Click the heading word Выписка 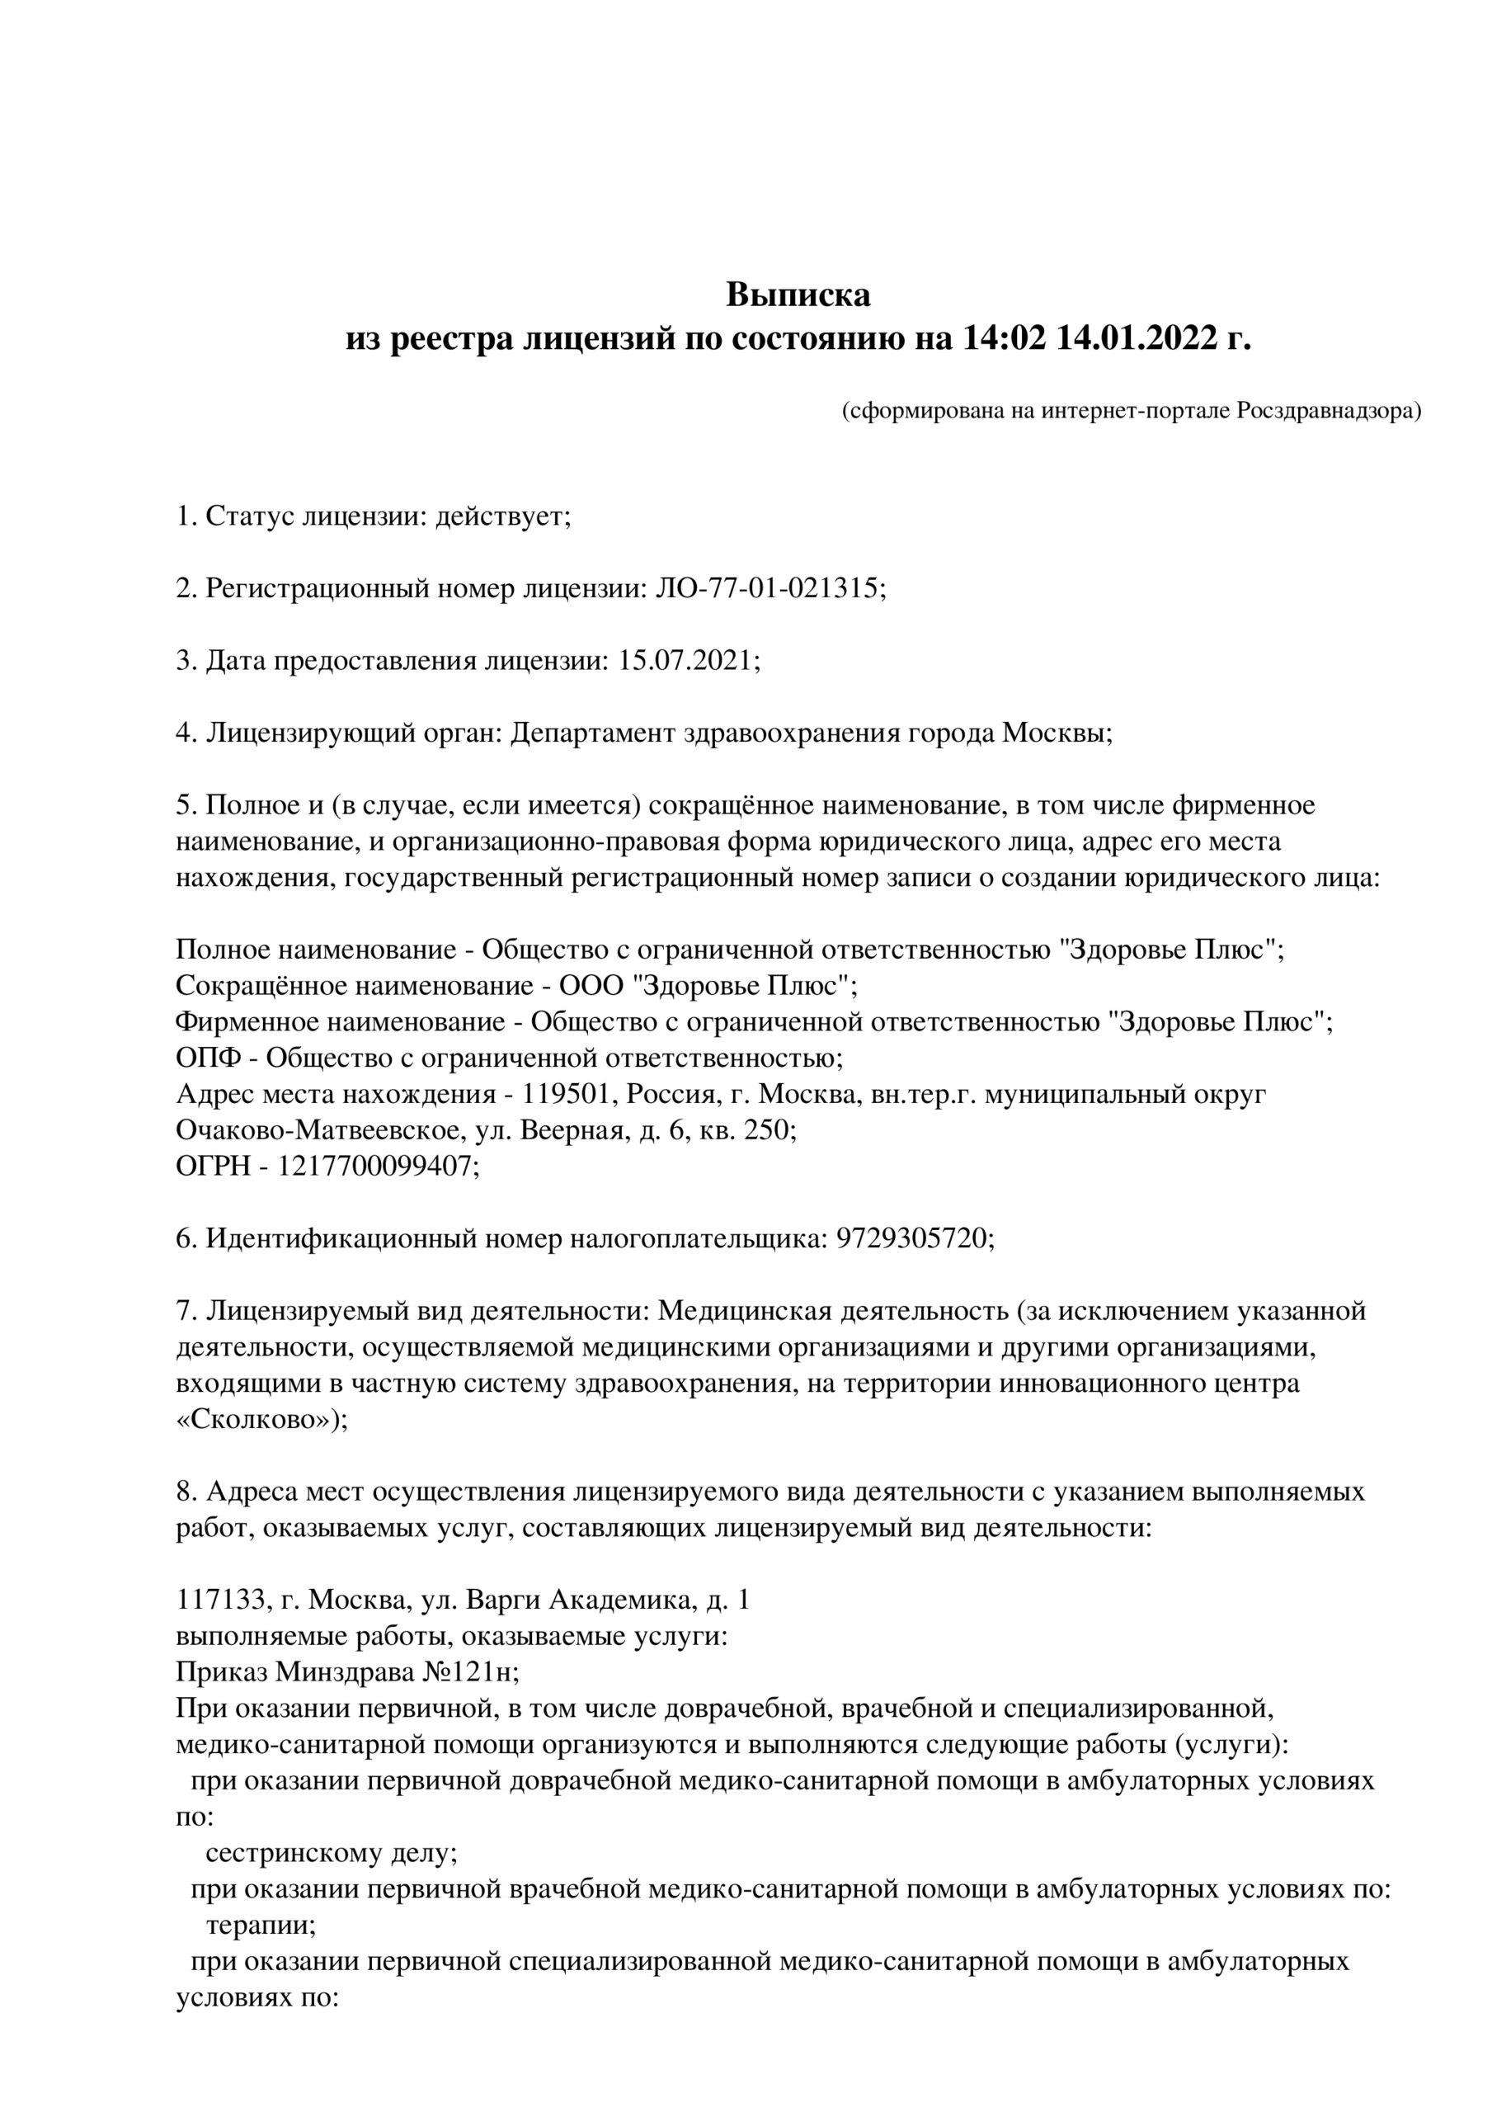click(x=798, y=295)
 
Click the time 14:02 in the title click(x=1005, y=338)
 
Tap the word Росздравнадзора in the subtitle click(x=1327, y=410)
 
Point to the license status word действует click(x=503, y=516)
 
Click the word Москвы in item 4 click(x=1057, y=733)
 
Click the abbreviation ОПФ click(x=209, y=1058)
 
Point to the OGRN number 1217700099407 click(x=378, y=1167)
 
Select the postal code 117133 click(x=222, y=1600)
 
